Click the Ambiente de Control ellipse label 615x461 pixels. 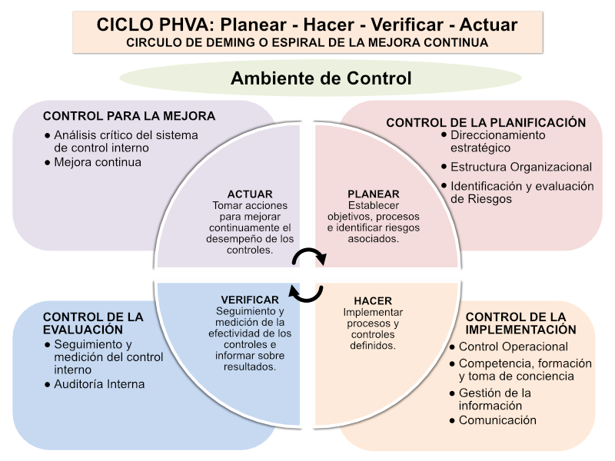click(321, 78)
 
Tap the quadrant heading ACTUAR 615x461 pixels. click(250, 194)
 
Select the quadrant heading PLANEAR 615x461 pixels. click(374, 194)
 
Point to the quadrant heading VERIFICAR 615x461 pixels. click(250, 300)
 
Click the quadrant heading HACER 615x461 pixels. click(373, 300)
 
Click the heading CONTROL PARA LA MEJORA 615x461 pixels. click(129, 116)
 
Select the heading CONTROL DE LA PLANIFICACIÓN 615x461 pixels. click(486, 123)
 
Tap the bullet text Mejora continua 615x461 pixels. click(98, 162)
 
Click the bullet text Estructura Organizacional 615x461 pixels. click(521, 167)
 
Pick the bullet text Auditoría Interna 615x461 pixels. click(99, 384)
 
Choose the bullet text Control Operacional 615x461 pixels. click(514, 347)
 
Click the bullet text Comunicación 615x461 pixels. click(497, 420)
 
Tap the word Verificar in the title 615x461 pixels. click(407, 25)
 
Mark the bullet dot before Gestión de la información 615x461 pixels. click(452, 393)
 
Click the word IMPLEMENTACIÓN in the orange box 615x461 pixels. click(521, 330)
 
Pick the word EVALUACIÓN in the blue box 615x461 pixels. click(83, 330)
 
